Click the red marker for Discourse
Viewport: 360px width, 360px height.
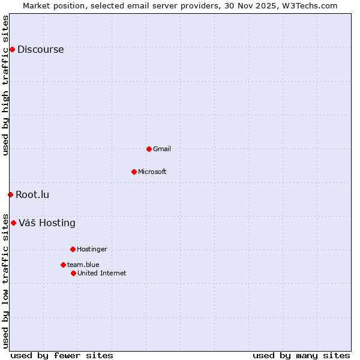tap(12, 49)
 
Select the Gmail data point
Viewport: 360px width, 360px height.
tap(149, 149)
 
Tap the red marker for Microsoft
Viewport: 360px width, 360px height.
tap(134, 172)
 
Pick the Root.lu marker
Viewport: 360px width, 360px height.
tap(10, 194)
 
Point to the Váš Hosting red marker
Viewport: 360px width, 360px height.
tap(13, 223)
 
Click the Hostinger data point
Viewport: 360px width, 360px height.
tap(73, 249)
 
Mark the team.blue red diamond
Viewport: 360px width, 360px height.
tap(63, 265)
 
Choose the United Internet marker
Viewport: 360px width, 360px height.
tap(73, 273)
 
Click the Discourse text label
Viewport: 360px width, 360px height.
tap(40, 50)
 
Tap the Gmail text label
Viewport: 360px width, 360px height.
tap(162, 149)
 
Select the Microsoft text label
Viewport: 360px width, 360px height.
tap(152, 172)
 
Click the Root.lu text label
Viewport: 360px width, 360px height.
tap(32, 194)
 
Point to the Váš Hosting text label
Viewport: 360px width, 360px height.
tap(47, 223)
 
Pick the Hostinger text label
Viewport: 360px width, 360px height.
tap(92, 249)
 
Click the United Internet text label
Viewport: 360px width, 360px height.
tap(101, 273)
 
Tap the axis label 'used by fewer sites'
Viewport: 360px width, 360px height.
tap(62, 355)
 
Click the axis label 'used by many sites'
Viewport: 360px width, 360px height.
tap(301, 355)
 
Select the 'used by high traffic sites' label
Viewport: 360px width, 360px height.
tap(6, 85)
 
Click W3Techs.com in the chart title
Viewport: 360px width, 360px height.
tap(309, 5)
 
